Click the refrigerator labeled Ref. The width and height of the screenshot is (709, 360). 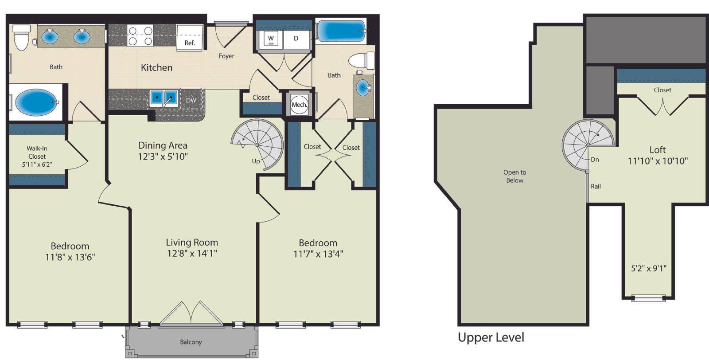[x=189, y=38]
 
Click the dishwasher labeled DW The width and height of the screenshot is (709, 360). [x=191, y=100]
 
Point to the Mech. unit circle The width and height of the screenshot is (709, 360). [x=299, y=104]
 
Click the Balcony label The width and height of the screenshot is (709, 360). [x=191, y=342]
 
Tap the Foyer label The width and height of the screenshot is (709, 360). [x=226, y=56]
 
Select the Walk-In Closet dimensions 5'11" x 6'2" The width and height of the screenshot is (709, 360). [x=37, y=164]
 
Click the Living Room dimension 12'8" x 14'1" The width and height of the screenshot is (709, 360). [x=192, y=253]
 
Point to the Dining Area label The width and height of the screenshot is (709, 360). [x=163, y=145]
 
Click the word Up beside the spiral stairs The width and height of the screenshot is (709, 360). [x=256, y=161]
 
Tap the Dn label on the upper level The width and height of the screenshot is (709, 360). [x=595, y=160]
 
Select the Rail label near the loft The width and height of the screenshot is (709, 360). [x=596, y=187]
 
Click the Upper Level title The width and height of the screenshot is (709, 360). [x=491, y=337]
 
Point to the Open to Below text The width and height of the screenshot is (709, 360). [x=514, y=176]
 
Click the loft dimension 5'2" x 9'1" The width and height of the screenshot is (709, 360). [x=649, y=269]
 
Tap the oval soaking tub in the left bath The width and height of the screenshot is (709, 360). [x=37, y=102]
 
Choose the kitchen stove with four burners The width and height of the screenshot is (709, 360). [x=140, y=35]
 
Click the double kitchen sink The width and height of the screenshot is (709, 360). [x=164, y=98]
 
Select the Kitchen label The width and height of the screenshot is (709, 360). [x=156, y=67]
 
